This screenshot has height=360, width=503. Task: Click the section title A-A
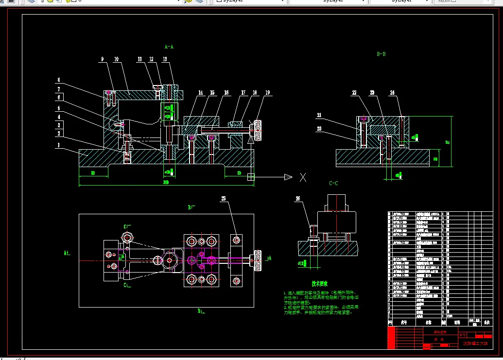[x=169, y=47]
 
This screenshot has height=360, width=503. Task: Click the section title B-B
[x=382, y=54]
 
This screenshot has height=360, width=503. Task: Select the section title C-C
[x=333, y=183]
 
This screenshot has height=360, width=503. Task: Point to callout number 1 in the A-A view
[x=58, y=145]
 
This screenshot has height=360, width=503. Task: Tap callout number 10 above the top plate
[x=117, y=59]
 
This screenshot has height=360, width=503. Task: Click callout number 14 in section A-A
[x=200, y=92]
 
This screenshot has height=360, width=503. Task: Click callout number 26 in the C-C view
[x=298, y=198]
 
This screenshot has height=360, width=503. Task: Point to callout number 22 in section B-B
[x=354, y=92]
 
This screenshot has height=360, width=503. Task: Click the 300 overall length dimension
[x=166, y=182]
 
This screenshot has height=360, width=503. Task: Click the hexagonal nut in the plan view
[x=128, y=238]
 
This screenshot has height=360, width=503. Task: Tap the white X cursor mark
[x=303, y=177]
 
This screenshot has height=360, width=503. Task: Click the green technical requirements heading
[x=320, y=283]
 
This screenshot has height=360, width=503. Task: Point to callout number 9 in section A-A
[x=103, y=59]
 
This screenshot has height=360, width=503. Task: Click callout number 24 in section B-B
[x=392, y=92]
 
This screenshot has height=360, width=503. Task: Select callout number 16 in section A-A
[x=226, y=92]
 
